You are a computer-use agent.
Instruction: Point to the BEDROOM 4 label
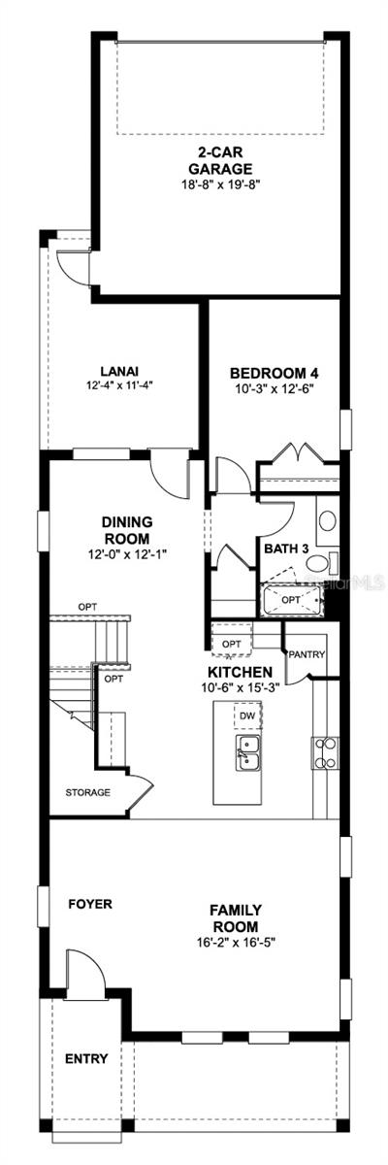coord(274,373)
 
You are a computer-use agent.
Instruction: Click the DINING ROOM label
coord(126,530)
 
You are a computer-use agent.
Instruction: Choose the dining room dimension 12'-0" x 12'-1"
coord(126,555)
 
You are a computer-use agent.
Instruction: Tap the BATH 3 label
coord(286,549)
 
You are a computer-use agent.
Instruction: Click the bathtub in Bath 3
coord(291,601)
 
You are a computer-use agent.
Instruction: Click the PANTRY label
coord(306,653)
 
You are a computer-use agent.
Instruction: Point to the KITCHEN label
coord(239,672)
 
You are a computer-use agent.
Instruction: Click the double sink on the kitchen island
coord(247,750)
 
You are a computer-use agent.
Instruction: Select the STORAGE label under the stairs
coord(88,792)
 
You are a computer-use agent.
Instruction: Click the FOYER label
coord(90,904)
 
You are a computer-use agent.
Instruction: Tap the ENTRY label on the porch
coord(86,1058)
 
